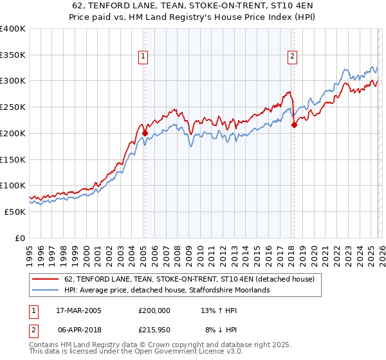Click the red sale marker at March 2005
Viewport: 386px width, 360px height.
tap(145, 133)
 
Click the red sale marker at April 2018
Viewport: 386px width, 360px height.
tap(294, 125)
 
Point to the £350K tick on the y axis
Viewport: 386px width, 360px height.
tap(13, 55)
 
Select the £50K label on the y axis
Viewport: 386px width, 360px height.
tap(15, 212)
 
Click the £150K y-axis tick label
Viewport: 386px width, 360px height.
tap(13, 159)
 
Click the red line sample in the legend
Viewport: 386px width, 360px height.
tap(46, 279)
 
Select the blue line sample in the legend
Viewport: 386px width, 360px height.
tap(46, 291)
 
